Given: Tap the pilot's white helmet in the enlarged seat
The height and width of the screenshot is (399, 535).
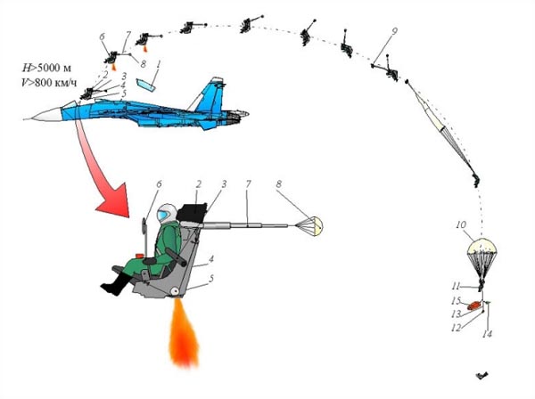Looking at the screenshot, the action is (x=166, y=214).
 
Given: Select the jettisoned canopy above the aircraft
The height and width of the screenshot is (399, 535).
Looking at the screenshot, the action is (x=145, y=85).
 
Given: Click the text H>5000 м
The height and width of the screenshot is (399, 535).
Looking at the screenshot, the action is (x=46, y=69).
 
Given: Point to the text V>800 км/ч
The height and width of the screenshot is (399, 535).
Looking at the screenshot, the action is (x=49, y=83).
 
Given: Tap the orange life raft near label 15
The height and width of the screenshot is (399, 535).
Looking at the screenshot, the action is (x=474, y=305).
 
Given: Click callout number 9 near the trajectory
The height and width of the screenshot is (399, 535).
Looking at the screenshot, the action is (x=394, y=31).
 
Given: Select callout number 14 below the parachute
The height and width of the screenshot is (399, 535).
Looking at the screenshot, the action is (x=487, y=334).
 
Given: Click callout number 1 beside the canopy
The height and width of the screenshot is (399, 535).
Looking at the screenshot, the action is (x=159, y=64).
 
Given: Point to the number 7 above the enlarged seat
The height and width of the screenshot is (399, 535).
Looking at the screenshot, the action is (x=248, y=184).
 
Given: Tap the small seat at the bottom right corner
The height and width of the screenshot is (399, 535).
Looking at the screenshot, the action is (x=481, y=376).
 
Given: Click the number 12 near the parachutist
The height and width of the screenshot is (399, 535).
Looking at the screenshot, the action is (x=457, y=328).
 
